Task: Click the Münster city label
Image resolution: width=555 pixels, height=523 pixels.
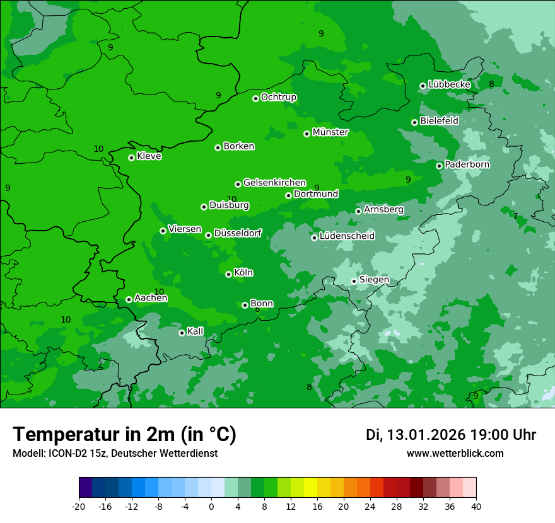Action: click(330, 132)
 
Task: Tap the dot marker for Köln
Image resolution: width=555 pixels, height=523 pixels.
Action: click(228, 274)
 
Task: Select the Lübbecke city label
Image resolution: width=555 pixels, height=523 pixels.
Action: click(449, 84)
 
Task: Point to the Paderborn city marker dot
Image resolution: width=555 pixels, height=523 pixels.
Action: click(440, 166)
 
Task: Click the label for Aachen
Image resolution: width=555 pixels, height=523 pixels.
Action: click(151, 298)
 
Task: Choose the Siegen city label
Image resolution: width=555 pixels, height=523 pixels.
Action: click(374, 280)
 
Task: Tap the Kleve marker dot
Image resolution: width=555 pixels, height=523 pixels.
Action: click(131, 158)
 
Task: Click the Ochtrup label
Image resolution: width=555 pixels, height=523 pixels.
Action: click(278, 97)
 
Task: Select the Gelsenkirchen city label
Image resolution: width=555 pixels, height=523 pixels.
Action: click(274, 183)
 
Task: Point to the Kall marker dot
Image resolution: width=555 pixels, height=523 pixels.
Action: click(182, 333)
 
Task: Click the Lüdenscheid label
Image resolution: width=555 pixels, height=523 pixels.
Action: click(347, 236)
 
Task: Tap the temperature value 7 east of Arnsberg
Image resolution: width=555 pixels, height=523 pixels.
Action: click(515, 216)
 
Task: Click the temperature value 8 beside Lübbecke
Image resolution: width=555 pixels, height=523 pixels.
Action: click(491, 84)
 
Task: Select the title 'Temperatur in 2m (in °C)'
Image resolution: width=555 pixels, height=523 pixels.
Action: click(124, 434)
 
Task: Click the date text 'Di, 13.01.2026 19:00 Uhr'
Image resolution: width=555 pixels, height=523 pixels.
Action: click(451, 435)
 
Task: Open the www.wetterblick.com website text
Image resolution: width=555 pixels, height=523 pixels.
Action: click(455, 454)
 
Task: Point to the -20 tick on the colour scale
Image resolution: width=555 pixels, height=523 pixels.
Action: click(78, 506)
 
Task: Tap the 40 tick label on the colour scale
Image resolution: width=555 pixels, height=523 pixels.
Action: click(476, 506)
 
